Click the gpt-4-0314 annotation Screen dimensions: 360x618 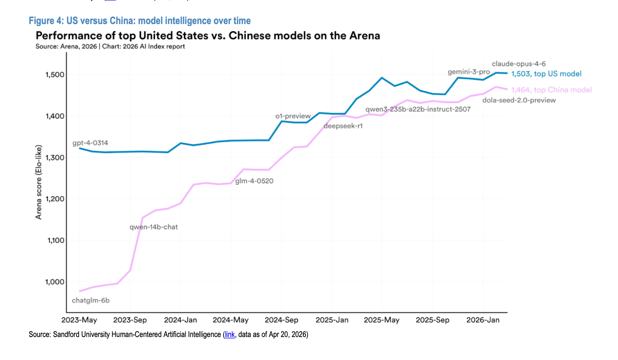(x=90, y=143)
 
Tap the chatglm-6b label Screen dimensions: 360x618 (x=91, y=301)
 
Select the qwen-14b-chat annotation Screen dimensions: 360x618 (x=154, y=227)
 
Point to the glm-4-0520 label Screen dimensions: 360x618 (x=254, y=181)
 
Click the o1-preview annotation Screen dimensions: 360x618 (x=293, y=116)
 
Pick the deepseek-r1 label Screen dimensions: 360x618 (x=343, y=126)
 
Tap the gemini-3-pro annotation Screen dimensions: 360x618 (x=469, y=72)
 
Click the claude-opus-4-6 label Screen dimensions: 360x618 (x=519, y=64)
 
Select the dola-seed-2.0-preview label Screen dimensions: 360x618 (x=519, y=100)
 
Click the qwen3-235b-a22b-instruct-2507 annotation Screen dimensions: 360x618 (x=418, y=109)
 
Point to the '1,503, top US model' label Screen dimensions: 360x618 (x=546, y=74)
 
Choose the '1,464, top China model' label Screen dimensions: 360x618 (x=551, y=90)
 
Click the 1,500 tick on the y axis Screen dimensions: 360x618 (x=55, y=75)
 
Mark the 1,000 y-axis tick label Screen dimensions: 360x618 (x=55, y=282)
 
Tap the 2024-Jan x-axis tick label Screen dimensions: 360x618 (x=181, y=320)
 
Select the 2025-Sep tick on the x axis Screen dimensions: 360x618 (x=432, y=320)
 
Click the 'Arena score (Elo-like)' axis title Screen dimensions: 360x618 (x=39, y=182)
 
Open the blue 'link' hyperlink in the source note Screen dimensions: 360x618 (x=230, y=334)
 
